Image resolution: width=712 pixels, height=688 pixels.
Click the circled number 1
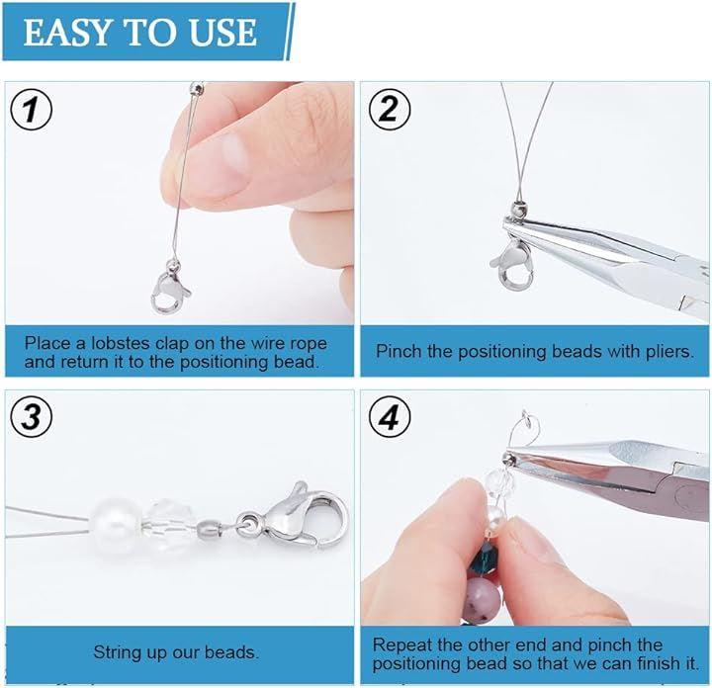pos(31,110)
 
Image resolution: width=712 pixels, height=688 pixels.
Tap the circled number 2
pos(390,110)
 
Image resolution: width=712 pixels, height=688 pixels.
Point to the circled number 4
pos(390,417)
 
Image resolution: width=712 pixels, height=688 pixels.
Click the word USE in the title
pos(222,33)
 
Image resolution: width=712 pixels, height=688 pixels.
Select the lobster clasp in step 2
pos(513,266)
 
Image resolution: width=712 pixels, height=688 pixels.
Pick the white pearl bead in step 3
pos(116,526)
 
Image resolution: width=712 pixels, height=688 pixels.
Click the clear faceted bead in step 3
pos(164,528)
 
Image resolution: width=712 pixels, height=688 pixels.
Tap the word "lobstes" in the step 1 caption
pos(121,343)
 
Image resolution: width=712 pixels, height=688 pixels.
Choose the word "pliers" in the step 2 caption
pos(670,352)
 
